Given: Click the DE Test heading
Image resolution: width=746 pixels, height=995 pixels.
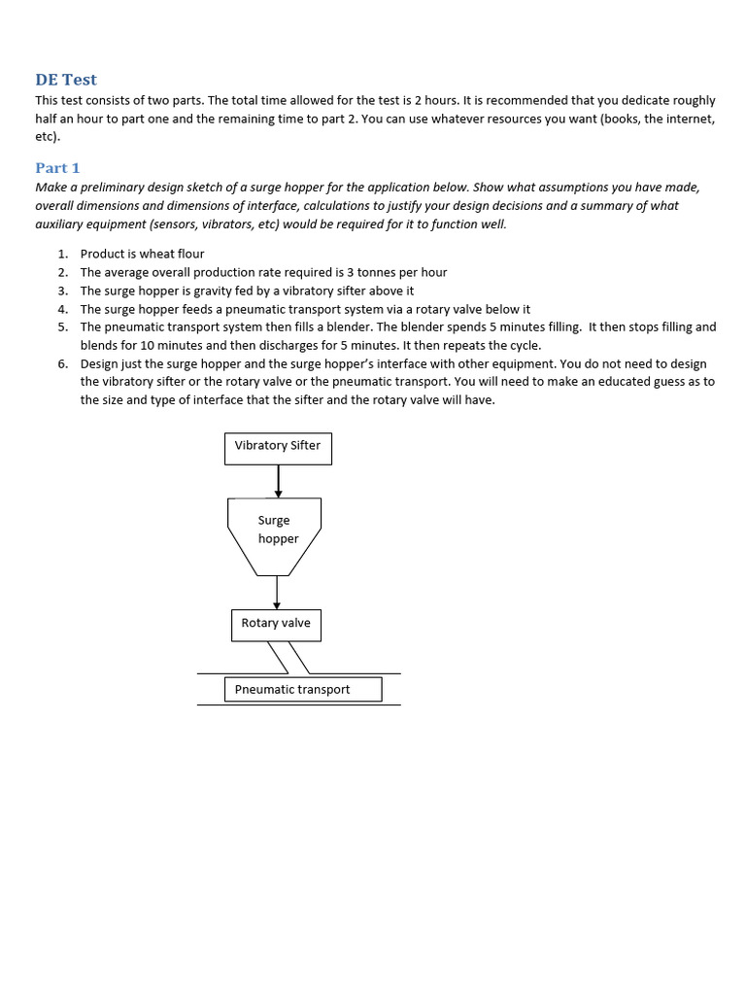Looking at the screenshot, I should point(66,80).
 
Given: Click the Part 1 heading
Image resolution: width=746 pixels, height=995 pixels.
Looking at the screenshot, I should point(57,167).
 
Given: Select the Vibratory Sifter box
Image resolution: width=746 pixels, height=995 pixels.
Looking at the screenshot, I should point(278,447).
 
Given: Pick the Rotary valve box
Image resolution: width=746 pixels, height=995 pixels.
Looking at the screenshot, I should point(276,624).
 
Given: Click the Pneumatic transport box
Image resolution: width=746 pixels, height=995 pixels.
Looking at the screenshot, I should point(302,690).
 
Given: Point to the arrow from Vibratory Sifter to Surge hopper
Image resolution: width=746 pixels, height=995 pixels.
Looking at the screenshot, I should point(278,481).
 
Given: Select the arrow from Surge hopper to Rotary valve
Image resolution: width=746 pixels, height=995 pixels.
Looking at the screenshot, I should point(277,593).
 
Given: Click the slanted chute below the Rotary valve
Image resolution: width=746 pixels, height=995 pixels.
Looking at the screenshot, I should point(288,658).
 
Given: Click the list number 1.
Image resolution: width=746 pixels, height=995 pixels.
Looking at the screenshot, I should point(62,254).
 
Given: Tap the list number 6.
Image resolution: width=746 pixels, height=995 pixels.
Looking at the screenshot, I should point(62,363).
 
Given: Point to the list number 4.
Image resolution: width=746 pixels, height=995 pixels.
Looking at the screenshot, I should point(62,309).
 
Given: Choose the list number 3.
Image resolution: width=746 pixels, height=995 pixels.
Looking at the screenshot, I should point(62,291).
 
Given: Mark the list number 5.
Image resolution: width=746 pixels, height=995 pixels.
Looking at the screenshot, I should point(62,327).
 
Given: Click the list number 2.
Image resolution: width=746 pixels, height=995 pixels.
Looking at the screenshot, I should point(62,272).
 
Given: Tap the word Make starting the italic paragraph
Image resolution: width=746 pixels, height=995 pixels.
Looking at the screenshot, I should point(51,187).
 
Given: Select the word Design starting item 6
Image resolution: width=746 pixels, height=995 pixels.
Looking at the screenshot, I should point(101,363).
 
